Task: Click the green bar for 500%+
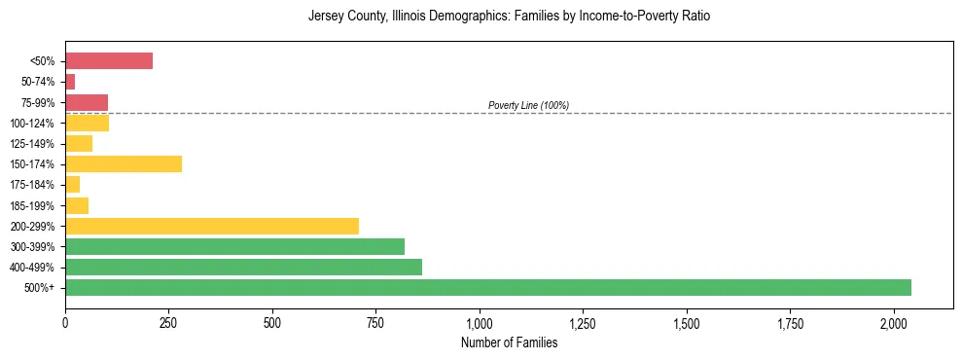(x=487, y=287)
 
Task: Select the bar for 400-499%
(x=243, y=267)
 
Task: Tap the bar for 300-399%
(x=234, y=246)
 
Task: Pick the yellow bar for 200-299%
(x=211, y=226)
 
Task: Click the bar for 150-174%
(x=124, y=163)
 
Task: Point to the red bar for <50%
(x=109, y=61)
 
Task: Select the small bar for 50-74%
(x=70, y=82)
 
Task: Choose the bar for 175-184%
(x=73, y=184)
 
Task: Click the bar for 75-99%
(x=87, y=102)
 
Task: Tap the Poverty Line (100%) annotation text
(x=528, y=105)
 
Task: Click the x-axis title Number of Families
(x=509, y=342)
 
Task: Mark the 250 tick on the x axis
(x=168, y=321)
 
